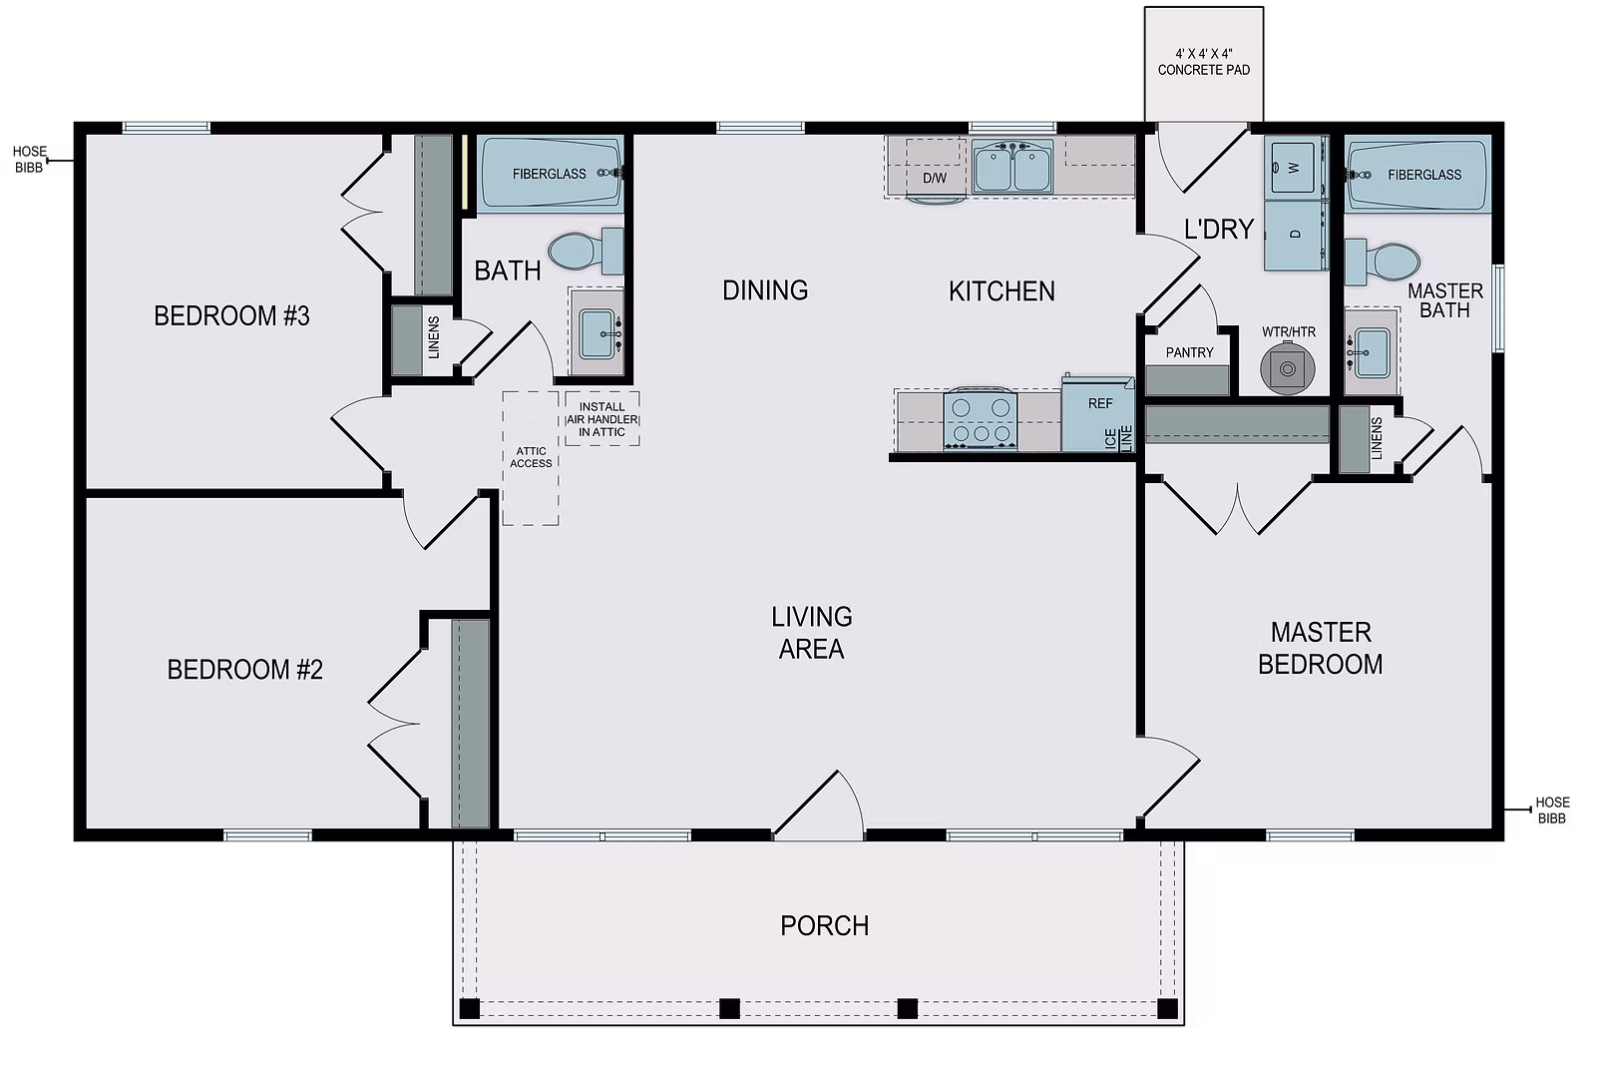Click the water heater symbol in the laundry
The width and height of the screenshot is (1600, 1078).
tap(1287, 367)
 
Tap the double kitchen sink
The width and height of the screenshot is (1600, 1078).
tap(1012, 167)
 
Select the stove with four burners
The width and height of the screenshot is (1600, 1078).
tap(981, 420)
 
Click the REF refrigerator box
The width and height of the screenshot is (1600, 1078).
tap(1097, 413)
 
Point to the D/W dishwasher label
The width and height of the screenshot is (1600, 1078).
tap(935, 178)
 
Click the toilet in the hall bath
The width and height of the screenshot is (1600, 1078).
tap(586, 251)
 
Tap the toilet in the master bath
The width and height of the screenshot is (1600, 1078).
tap(1383, 263)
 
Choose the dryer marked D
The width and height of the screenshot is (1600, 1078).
tap(1296, 235)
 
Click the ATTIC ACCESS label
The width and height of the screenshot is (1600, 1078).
tap(531, 457)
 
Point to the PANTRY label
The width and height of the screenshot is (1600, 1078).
tap(1189, 352)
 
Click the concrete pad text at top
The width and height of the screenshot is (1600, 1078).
tap(1204, 62)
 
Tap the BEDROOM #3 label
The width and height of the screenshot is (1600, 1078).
tap(231, 316)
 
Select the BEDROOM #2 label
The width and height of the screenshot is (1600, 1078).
tap(244, 670)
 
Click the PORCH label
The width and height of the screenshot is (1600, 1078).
tap(824, 925)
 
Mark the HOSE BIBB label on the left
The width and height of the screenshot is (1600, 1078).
tap(29, 160)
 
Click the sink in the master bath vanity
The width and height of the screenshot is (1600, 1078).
tap(1372, 352)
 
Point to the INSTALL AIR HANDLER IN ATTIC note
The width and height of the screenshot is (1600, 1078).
tap(601, 419)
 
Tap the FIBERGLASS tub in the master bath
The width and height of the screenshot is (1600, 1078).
tap(1417, 174)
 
